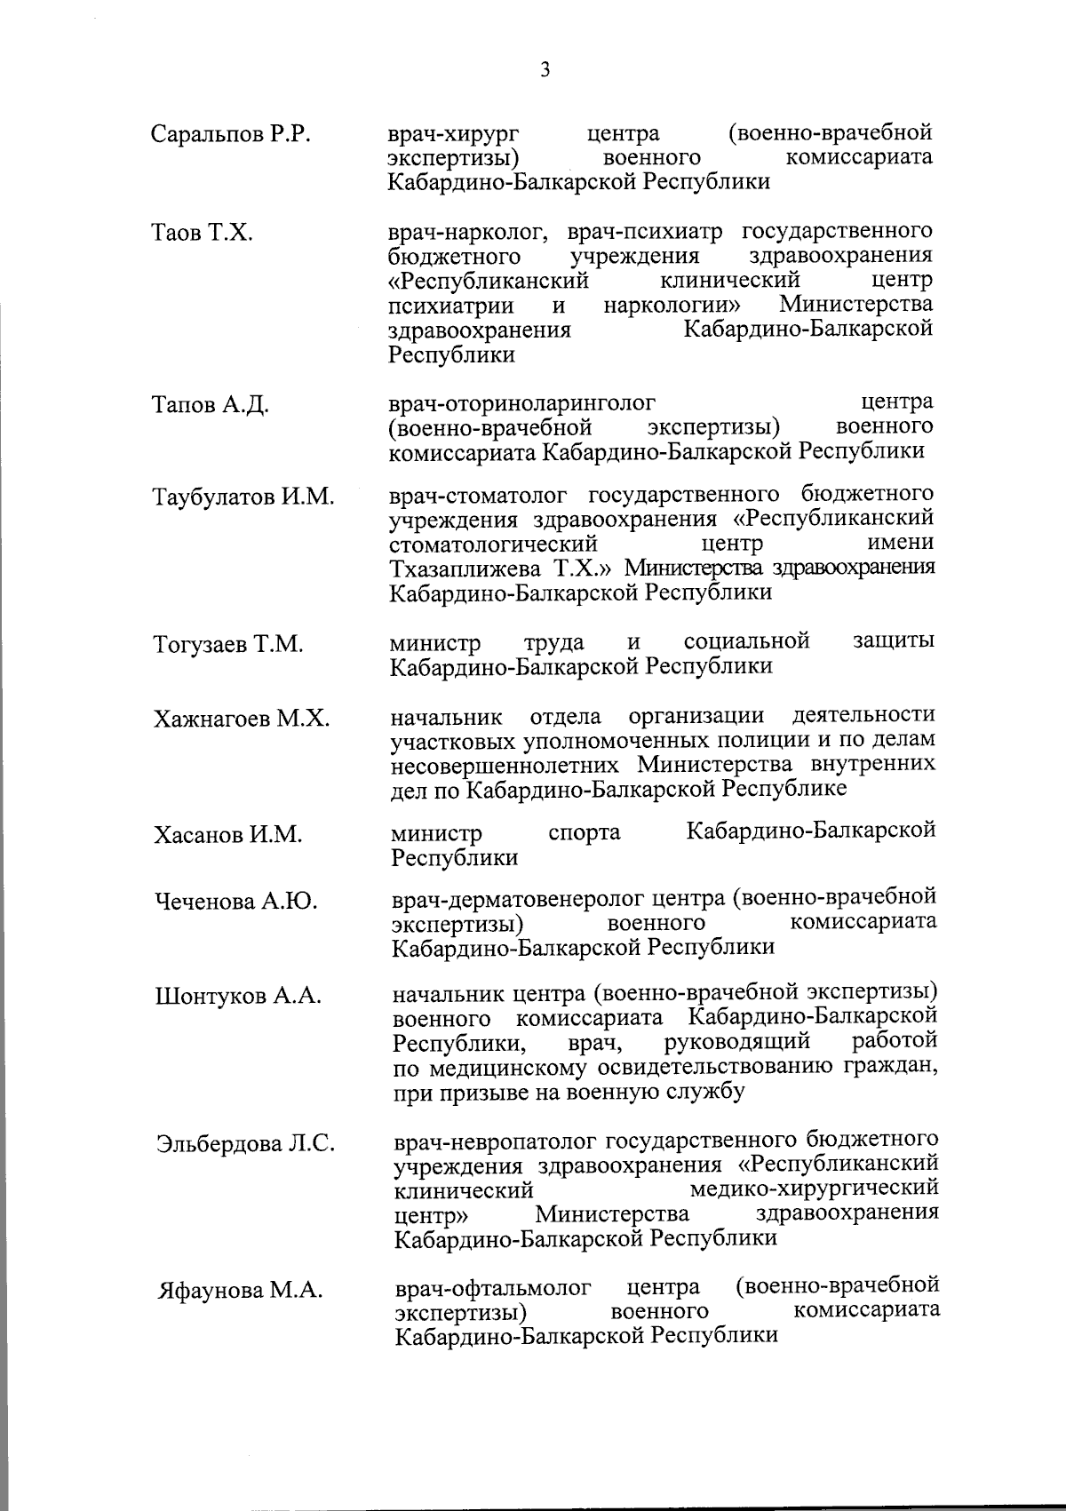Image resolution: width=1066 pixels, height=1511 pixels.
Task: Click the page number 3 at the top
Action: coord(545,70)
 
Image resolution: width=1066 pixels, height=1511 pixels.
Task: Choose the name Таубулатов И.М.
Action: coord(243,497)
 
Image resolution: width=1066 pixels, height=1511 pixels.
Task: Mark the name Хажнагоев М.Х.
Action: coord(241,719)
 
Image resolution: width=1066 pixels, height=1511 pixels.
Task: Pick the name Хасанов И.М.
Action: coord(227,835)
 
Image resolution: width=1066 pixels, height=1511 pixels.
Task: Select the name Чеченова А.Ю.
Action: coord(237,902)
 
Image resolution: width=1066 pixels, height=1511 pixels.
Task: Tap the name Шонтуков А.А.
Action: coord(237,996)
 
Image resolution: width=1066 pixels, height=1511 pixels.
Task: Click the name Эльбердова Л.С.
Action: coord(245,1143)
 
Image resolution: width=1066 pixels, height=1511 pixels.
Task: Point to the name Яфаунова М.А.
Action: coord(239,1291)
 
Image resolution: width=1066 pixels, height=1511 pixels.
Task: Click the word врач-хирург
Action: coord(454,135)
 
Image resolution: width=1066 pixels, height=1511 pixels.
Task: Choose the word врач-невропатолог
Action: coord(494,1141)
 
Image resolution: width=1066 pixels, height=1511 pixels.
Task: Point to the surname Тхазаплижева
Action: coord(467,569)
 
